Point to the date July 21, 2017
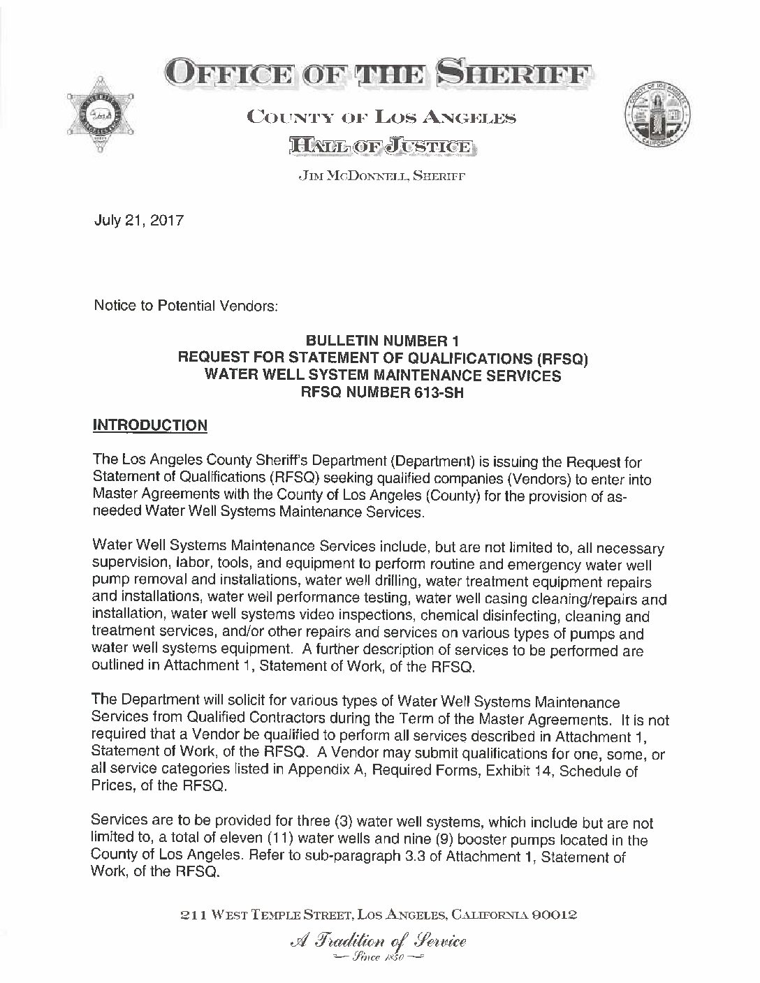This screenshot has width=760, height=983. pyautogui.click(x=139, y=221)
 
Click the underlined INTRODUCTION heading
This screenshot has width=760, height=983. pyautogui.click(x=150, y=426)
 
